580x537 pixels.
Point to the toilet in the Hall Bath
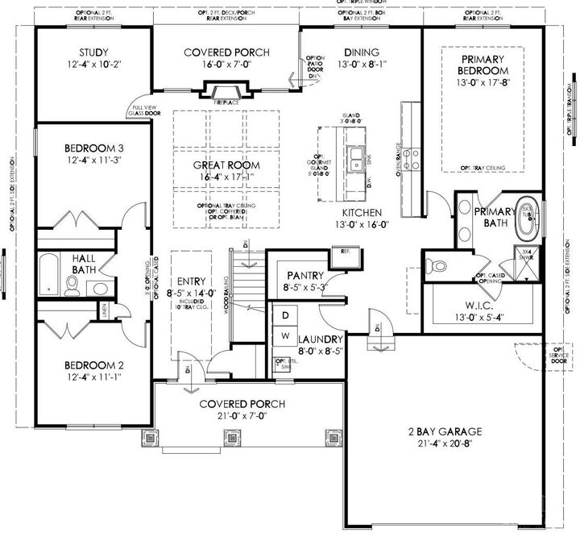point(72,284)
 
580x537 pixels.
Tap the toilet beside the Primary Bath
point(436,265)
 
